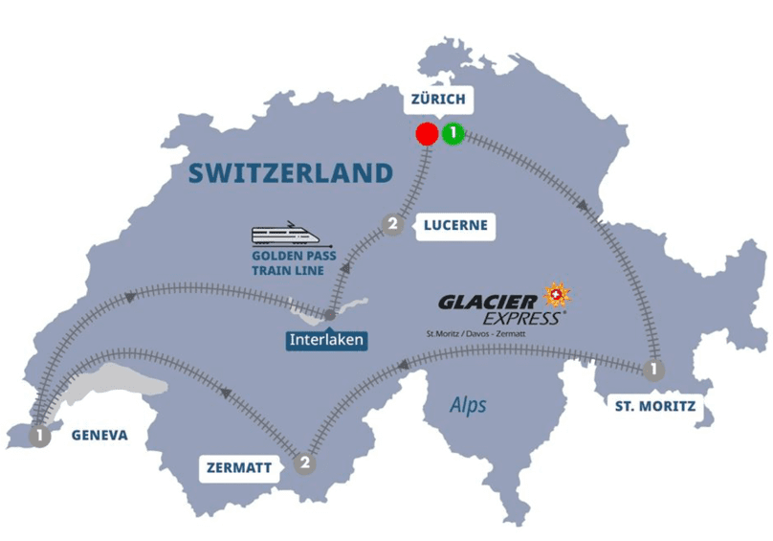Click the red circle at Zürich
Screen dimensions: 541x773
427,134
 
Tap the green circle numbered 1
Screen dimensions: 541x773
453,134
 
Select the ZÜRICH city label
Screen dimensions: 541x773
437,99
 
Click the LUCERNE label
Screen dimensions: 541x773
454,226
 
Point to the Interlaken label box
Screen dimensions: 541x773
327,339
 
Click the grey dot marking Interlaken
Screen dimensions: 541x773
329,315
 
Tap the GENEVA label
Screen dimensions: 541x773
99,435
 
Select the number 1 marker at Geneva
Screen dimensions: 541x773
39,437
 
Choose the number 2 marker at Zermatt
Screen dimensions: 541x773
304,463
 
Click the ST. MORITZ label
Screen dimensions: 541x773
655,407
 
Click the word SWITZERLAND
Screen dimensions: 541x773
291,172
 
